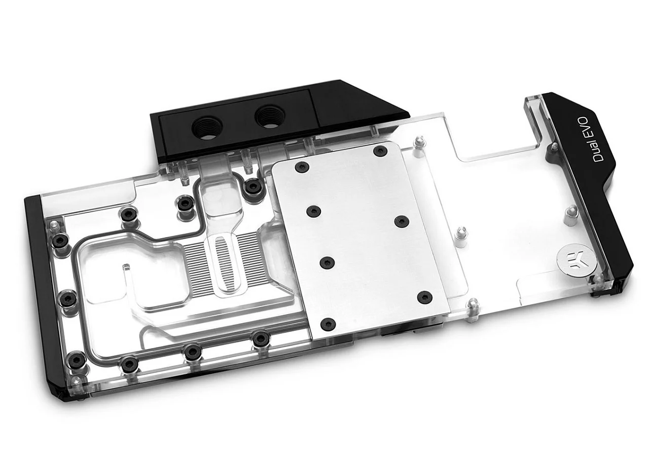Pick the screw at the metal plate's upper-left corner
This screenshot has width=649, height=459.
tap(301, 167)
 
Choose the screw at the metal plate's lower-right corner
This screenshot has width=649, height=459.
tap(424, 296)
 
